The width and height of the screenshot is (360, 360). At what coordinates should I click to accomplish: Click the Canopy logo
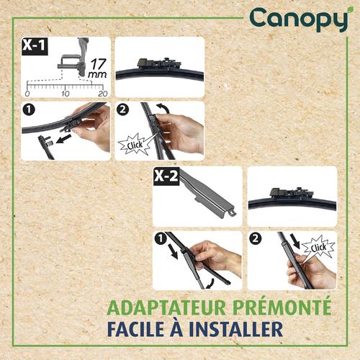point(298,19)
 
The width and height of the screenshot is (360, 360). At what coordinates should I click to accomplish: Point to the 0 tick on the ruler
point(27,94)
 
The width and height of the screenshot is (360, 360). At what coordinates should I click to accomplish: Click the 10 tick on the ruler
point(66,94)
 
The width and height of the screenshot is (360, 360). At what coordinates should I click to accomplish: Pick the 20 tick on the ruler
point(102,94)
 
